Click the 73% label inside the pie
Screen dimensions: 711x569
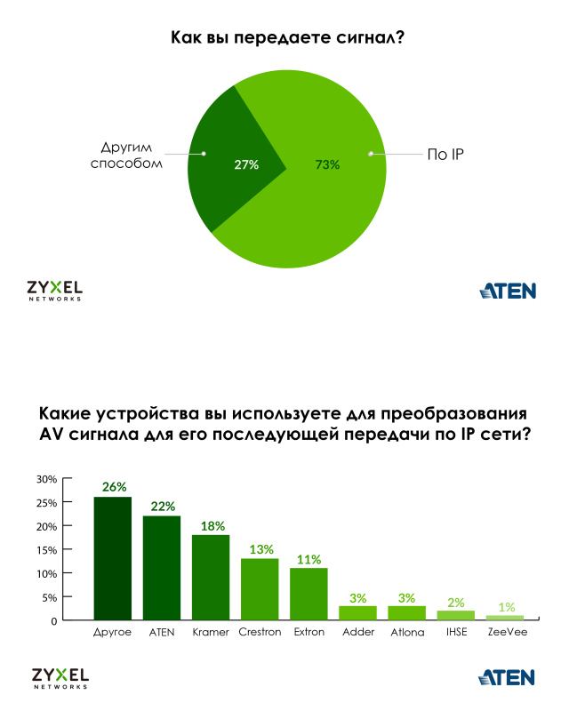click(327, 164)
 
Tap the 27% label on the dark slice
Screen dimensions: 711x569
click(245, 164)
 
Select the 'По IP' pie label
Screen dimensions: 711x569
click(446, 155)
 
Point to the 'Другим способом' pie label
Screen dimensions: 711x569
click(128, 155)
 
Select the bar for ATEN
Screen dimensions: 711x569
click(162, 567)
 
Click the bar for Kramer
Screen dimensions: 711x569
click(211, 577)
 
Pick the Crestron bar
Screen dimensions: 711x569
click(260, 588)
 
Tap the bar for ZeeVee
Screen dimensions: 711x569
click(505, 617)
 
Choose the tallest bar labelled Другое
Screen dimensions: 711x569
click(113, 558)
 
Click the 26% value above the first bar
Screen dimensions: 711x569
click(114, 487)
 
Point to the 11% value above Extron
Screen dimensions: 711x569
click(309, 558)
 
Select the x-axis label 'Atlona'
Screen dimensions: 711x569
click(407, 633)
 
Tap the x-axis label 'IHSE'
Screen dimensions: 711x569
click(456, 633)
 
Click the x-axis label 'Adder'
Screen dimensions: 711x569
click(358, 633)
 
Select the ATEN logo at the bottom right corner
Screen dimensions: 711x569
click(508, 678)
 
